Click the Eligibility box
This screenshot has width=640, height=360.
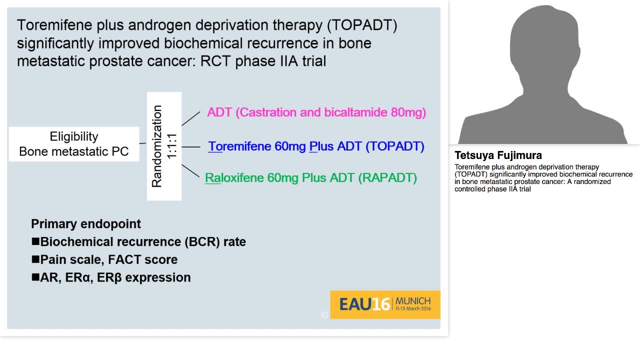tap(74, 144)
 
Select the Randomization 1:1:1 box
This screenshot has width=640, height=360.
tap(164, 146)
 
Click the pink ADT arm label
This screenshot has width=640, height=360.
tap(316, 112)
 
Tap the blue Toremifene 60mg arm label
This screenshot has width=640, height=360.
tap(316, 146)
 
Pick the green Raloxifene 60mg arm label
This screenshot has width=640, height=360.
tap(311, 178)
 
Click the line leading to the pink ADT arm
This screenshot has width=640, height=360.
tap(190, 118)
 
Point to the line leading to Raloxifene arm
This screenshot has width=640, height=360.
tap(190, 170)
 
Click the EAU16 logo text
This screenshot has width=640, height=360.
tap(364, 304)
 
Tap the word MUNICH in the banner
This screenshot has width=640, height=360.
tap(412, 301)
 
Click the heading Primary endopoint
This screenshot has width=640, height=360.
tap(86, 223)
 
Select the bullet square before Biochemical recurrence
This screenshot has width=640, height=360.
tap(35, 241)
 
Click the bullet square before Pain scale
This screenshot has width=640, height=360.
tap(35, 259)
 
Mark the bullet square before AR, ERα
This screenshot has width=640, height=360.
tap(35, 277)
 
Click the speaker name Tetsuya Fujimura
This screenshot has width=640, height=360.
tap(498, 155)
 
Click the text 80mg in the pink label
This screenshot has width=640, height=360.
tap(408, 112)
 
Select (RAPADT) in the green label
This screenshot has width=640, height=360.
tap(387, 178)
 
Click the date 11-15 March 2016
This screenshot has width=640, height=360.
tap(412, 309)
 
